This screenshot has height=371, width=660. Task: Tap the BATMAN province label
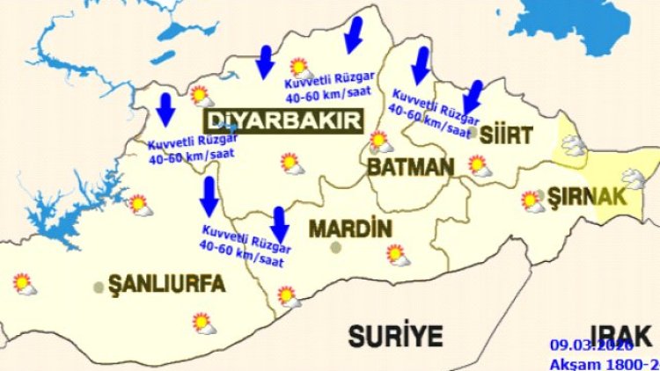(x=410, y=166)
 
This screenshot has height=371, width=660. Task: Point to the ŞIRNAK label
(x=587, y=194)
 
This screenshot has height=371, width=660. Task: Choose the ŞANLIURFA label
(x=166, y=283)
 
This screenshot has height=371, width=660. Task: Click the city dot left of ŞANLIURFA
(x=99, y=287)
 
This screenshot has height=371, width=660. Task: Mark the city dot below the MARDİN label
(x=335, y=247)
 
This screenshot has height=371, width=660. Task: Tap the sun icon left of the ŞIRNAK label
(x=532, y=201)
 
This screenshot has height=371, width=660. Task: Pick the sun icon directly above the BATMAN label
(x=380, y=141)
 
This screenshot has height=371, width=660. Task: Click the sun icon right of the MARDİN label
(x=397, y=255)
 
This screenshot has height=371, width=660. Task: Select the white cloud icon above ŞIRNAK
(x=574, y=145)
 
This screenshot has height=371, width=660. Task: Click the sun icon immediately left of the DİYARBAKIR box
(x=202, y=95)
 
